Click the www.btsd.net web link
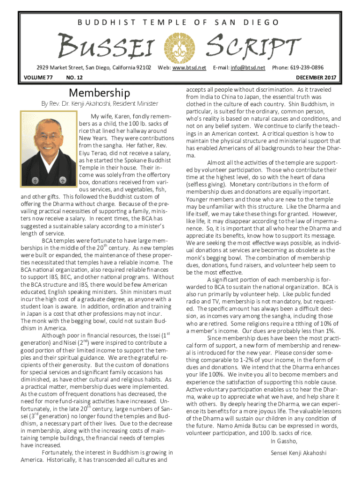pyautogui.click(x=189, y=68)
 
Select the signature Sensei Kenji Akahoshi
pyautogui.click(x=298, y=453)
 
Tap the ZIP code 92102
pyautogui.click(x=142, y=68)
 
